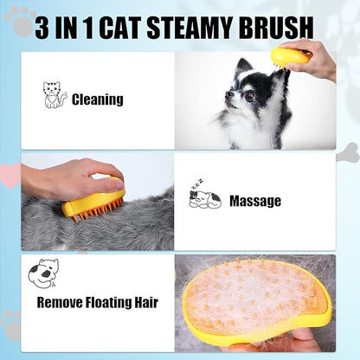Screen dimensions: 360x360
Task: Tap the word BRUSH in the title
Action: click(282, 28)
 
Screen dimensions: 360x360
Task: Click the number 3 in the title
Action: click(44, 28)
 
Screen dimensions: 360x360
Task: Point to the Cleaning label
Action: click(98, 100)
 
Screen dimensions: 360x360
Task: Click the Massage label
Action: click(254, 201)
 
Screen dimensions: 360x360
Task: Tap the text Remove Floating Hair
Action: click(97, 303)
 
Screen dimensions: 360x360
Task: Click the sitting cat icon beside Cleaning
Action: click(55, 95)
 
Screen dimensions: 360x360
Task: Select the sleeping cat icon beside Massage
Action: click(204, 198)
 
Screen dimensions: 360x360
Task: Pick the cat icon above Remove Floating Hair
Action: click(42, 274)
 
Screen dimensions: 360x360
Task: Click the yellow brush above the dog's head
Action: click(290, 57)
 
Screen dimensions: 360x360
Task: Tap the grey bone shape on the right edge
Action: click(348, 152)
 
